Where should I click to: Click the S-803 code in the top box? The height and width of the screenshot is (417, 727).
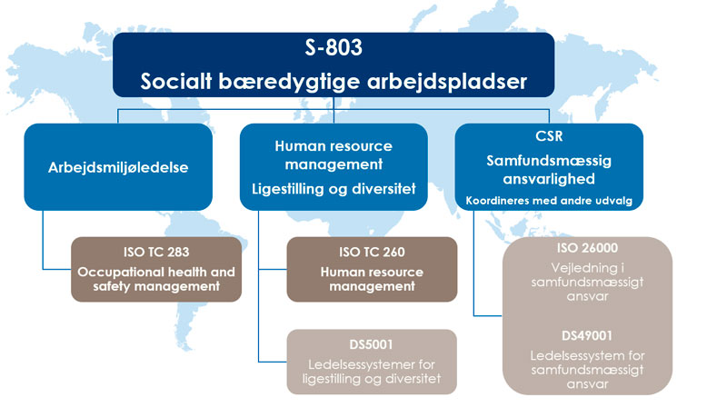coord(334,47)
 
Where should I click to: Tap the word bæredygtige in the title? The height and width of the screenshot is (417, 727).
coord(289,82)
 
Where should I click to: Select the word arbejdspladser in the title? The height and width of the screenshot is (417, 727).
coord(447,82)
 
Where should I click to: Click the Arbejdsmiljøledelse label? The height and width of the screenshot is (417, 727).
coord(118,167)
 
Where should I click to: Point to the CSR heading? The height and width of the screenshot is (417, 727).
coord(549,136)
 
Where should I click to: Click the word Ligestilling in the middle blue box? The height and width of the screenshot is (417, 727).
coord(288,189)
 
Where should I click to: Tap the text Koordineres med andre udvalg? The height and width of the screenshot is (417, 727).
coord(549,201)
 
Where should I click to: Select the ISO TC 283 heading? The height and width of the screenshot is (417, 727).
coord(156,252)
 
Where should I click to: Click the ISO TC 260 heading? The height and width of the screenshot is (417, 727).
coord(372,252)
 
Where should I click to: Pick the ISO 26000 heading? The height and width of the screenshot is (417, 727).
coord(587,248)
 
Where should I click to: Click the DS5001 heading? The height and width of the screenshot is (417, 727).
coord(371,344)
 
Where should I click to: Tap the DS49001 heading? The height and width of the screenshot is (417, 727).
coord(587,335)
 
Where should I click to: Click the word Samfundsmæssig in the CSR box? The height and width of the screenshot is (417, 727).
coord(549,161)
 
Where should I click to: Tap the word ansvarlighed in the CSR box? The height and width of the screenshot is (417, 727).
coord(549,179)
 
